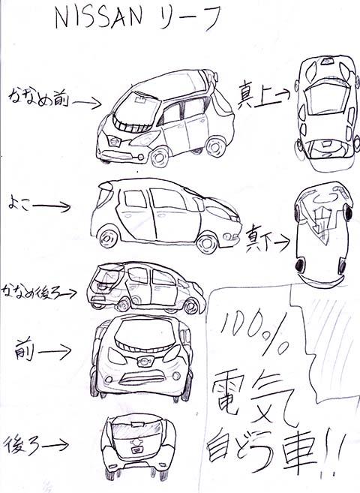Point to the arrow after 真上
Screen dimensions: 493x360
point(283,93)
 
